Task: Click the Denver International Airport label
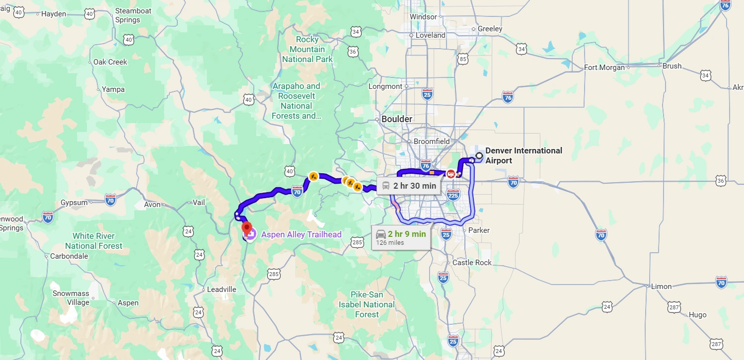(x=523, y=155)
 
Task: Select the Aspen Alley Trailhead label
(x=301, y=235)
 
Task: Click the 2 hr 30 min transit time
(x=414, y=186)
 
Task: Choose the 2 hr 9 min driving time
(x=407, y=234)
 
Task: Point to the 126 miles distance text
(x=390, y=243)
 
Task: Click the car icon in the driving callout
(x=380, y=234)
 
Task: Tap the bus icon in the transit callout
(x=386, y=186)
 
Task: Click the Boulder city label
(x=397, y=119)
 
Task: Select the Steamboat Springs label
(x=128, y=15)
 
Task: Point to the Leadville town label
(x=222, y=289)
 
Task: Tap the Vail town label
(x=199, y=203)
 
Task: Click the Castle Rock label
(x=472, y=263)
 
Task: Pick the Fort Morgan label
(x=604, y=68)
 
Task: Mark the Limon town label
(x=661, y=287)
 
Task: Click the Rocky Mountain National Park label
(x=307, y=49)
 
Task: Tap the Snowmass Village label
(x=71, y=298)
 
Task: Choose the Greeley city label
(x=490, y=29)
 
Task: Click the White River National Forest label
(x=93, y=241)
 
